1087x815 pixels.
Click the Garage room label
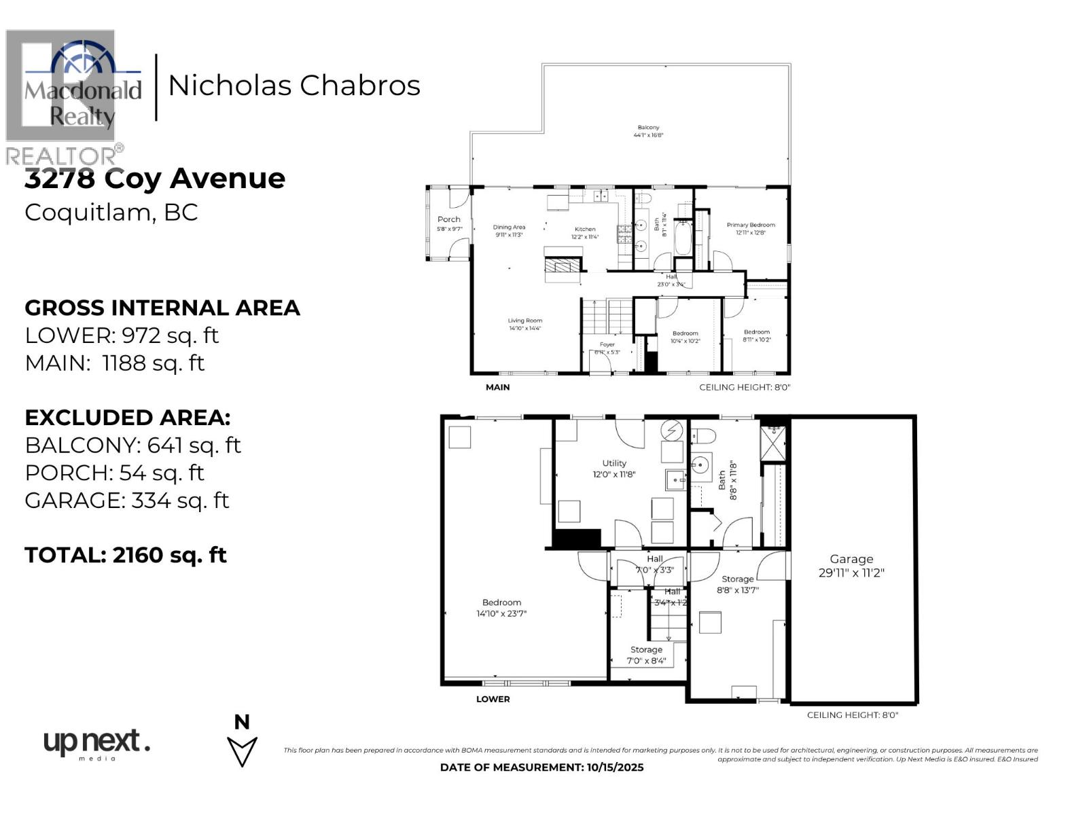pos(851,565)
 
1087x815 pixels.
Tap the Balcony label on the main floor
pos(648,131)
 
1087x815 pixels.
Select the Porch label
pos(449,223)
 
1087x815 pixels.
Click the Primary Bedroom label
pos(751,228)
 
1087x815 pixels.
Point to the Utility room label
pos(613,469)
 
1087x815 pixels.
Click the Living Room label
pos(525,324)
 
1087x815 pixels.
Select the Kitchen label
pos(585,233)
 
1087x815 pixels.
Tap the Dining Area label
pos(509,231)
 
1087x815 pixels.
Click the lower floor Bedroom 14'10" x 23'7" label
pos(501,608)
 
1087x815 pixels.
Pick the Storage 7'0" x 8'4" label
pos(646,655)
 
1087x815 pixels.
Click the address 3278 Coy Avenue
pos(155,179)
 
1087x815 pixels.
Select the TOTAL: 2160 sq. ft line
pos(126,555)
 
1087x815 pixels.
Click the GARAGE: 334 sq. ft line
pos(127,501)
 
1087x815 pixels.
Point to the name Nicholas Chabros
pos(294,86)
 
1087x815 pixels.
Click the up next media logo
pos(96,744)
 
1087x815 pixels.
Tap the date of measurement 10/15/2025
pos(541,767)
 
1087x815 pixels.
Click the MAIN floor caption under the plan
pos(497,387)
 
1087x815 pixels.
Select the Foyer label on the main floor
pos(607,348)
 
